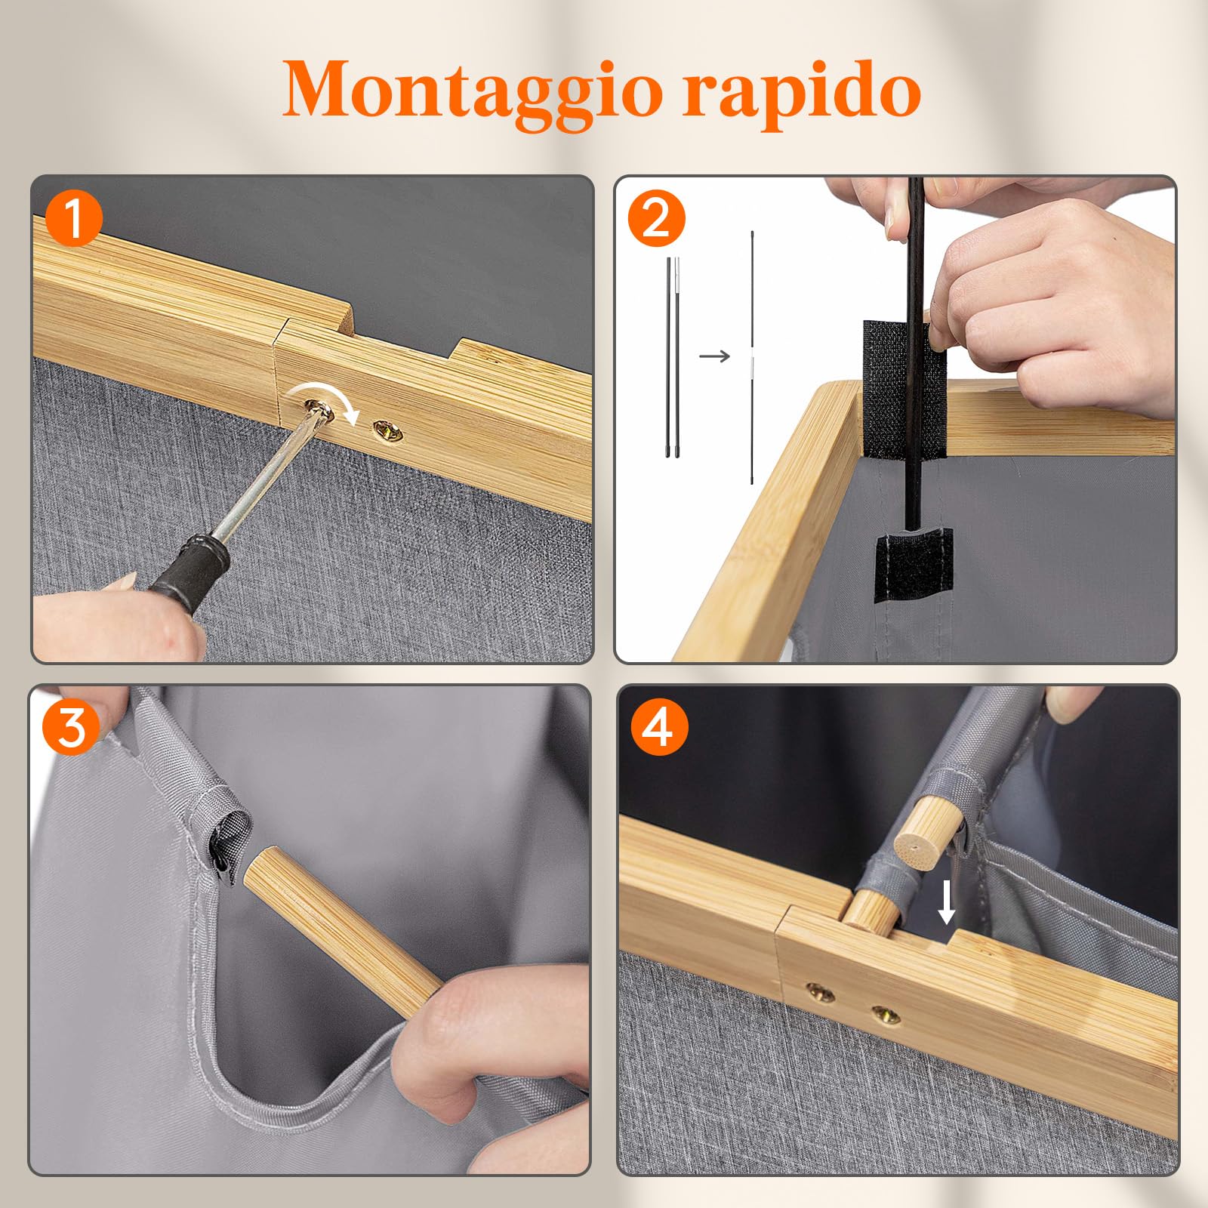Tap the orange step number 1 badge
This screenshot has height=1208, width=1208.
point(74,219)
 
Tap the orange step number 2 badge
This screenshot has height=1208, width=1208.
point(656,219)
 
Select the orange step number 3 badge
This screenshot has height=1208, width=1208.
point(72,728)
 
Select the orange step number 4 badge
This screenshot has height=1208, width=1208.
point(659,728)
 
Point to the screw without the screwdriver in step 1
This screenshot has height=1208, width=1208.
point(388,431)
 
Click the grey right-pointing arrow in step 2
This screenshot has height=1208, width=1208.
point(714,356)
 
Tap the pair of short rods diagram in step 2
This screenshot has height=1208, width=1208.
point(673,356)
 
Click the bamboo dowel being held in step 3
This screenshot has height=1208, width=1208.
point(344,932)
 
